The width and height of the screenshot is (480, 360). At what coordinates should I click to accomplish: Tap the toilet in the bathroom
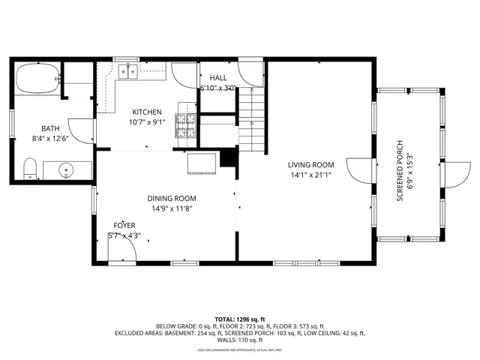(31, 169)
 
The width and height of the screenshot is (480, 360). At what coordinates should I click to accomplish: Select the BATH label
(50, 128)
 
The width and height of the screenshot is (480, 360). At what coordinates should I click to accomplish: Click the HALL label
(218, 77)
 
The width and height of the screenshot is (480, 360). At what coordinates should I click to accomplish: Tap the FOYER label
(124, 225)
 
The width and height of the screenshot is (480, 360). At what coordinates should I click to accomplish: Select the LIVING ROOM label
(310, 164)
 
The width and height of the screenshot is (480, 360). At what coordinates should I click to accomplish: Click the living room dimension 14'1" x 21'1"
(310, 175)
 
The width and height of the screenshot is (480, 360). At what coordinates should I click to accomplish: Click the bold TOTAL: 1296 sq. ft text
(239, 318)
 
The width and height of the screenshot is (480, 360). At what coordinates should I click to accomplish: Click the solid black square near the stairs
(229, 157)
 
